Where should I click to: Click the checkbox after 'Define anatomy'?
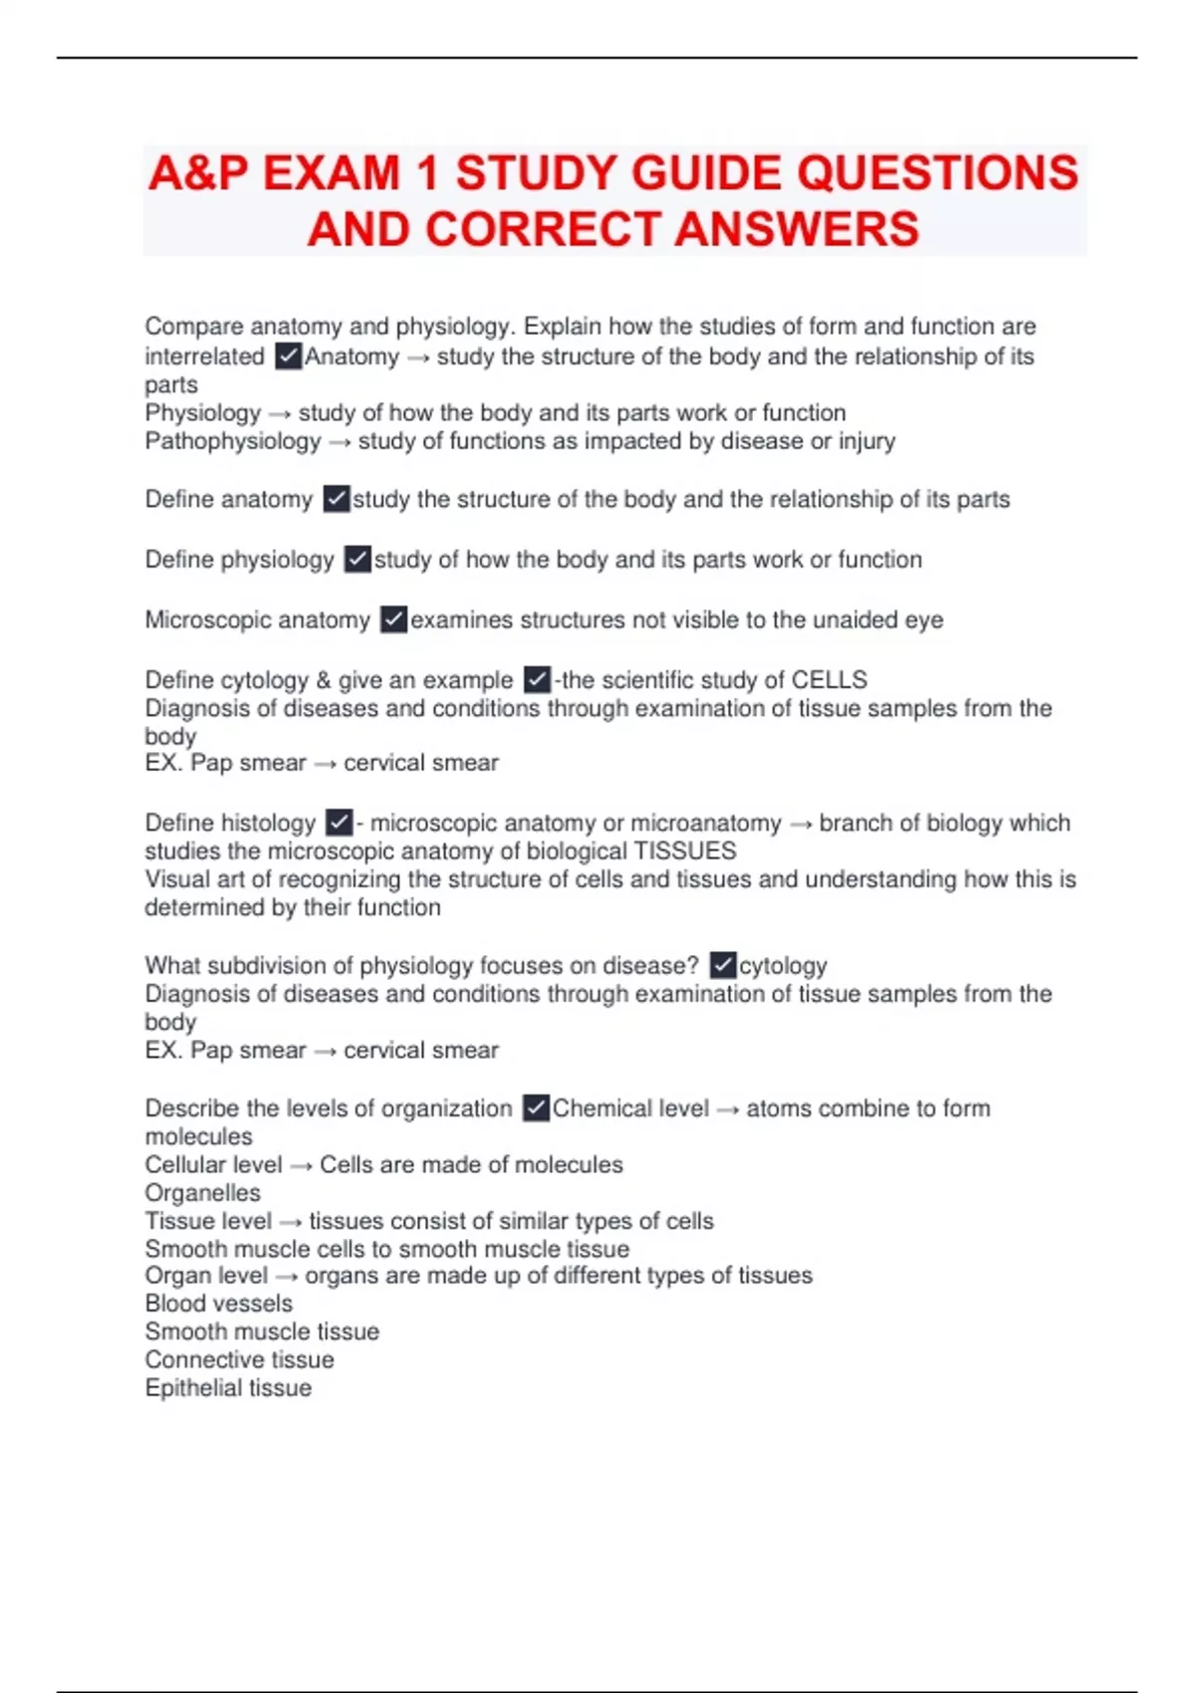pyautogui.click(x=337, y=499)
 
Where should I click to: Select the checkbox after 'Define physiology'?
pyautogui.click(x=358, y=560)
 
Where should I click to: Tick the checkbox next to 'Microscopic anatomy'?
pyautogui.click(x=394, y=619)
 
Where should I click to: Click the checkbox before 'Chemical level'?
pyautogui.click(x=536, y=1108)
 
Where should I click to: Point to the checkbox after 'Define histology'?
pyautogui.click(x=339, y=823)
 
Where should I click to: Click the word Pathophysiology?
pyautogui.click(x=233, y=441)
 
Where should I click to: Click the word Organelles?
pyautogui.click(x=203, y=1193)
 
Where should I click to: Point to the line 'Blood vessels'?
pyautogui.click(x=219, y=1304)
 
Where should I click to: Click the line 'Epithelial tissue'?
pyautogui.click(x=228, y=1388)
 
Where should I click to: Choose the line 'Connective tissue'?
pyautogui.click(x=239, y=1360)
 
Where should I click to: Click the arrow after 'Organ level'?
pyautogui.click(x=287, y=1277)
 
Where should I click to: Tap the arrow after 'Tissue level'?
pyautogui.click(x=291, y=1222)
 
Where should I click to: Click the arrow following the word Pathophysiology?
pyautogui.click(x=340, y=442)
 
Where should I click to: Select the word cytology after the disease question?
pyautogui.click(x=783, y=966)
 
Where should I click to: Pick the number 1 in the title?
pyautogui.click(x=428, y=173)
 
